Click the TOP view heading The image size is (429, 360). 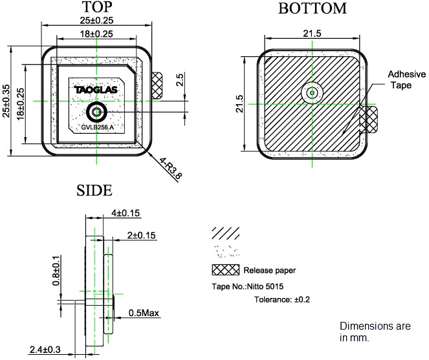(97, 8)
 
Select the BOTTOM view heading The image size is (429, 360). (312, 8)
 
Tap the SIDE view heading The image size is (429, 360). (94, 190)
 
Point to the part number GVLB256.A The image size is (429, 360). (97, 127)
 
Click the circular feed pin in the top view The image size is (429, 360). (96, 112)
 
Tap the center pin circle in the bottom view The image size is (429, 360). (312, 93)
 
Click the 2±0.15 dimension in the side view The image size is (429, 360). (142, 237)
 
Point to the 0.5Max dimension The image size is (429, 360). (144, 313)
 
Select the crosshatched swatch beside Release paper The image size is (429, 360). (225, 270)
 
